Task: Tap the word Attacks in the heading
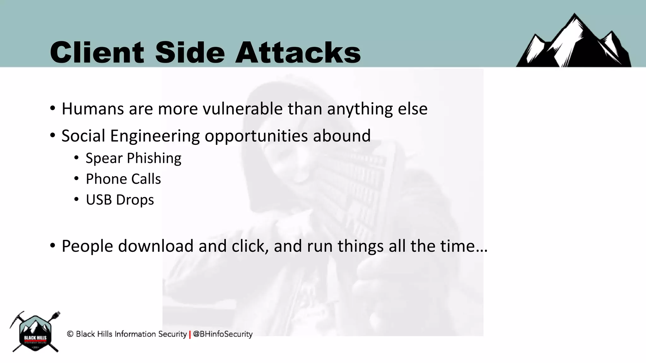(x=298, y=52)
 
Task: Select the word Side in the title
(x=190, y=52)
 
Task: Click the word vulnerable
(x=243, y=109)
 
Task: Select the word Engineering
(x=155, y=136)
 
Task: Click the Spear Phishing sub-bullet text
(x=133, y=158)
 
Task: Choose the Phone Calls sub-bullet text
(x=123, y=179)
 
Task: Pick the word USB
(x=99, y=200)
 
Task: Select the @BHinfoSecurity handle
(x=223, y=334)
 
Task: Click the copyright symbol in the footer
(x=70, y=334)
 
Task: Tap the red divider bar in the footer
(x=190, y=334)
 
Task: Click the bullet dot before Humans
(x=53, y=108)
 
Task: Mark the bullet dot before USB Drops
(x=77, y=199)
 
